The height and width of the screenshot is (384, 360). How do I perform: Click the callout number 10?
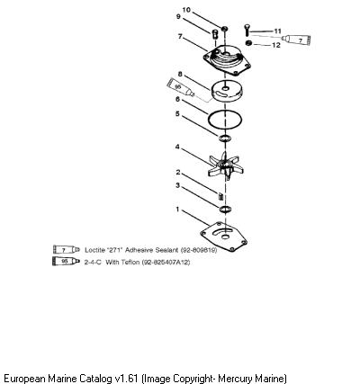pos(186,10)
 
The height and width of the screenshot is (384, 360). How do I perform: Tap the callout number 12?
pos(275,45)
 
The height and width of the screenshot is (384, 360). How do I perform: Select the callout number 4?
pos(177,147)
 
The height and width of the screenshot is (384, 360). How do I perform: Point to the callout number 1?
pos(177,209)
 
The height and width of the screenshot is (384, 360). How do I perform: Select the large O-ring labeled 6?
pos(225,120)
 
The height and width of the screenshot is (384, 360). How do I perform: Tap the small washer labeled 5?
pos(224,138)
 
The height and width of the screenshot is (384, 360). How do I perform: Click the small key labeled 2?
pos(220,196)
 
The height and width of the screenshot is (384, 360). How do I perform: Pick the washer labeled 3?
pos(225,210)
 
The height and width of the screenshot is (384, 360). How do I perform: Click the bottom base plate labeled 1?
pos(223,237)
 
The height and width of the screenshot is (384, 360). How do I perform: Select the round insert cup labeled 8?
pos(227,93)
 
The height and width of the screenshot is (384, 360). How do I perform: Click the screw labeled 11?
pos(247,30)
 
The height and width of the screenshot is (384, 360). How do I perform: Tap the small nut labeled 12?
pos(248,43)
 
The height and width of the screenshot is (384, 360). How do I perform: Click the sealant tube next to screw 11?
pos(296,40)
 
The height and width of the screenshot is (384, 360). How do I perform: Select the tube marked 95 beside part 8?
pos(181,87)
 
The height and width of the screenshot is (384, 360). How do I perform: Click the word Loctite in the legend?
pos(93,250)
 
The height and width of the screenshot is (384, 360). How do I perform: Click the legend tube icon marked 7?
pos(67,249)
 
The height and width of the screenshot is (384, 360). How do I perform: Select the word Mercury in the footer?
pos(234,379)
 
